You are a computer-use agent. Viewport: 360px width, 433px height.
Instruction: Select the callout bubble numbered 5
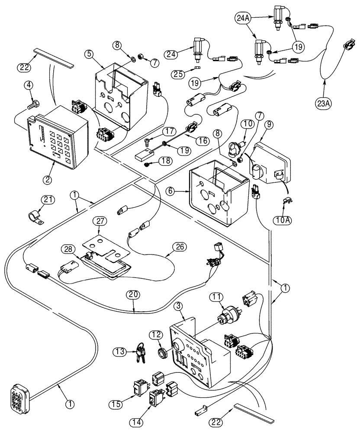click(90, 55)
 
